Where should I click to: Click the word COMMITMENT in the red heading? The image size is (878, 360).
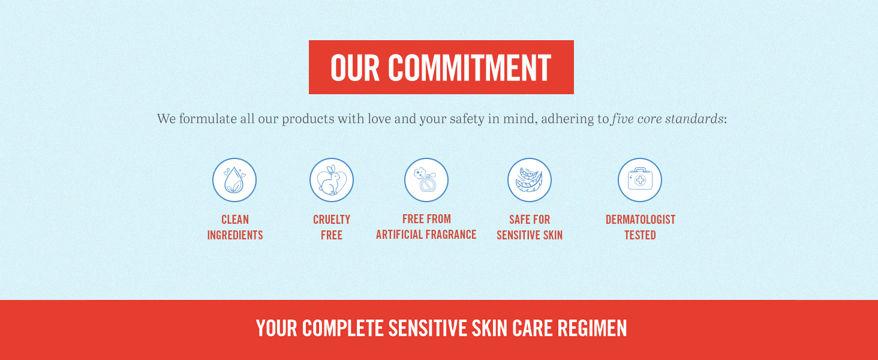[470, 67]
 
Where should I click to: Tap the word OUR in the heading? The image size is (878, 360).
[355, 67]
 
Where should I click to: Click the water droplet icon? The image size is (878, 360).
[234, 180]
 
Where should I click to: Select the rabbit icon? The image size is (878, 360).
[332, 180]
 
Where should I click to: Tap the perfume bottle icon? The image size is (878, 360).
[426, 180]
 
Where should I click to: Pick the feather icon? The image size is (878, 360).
[530, 180]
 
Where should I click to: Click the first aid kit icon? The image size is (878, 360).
[640, 180]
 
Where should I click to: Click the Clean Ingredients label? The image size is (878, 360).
[234, 227]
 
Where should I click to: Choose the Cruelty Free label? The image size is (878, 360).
[332, 227]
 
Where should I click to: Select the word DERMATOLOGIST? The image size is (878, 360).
[641, 220]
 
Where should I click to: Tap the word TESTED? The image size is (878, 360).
[640, 235]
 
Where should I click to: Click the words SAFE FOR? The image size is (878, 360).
[530, 220]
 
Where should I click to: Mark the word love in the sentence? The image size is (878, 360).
[379, 118]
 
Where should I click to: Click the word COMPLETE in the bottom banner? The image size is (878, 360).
[342, 328]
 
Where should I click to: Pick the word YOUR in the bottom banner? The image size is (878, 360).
[276, 328]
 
